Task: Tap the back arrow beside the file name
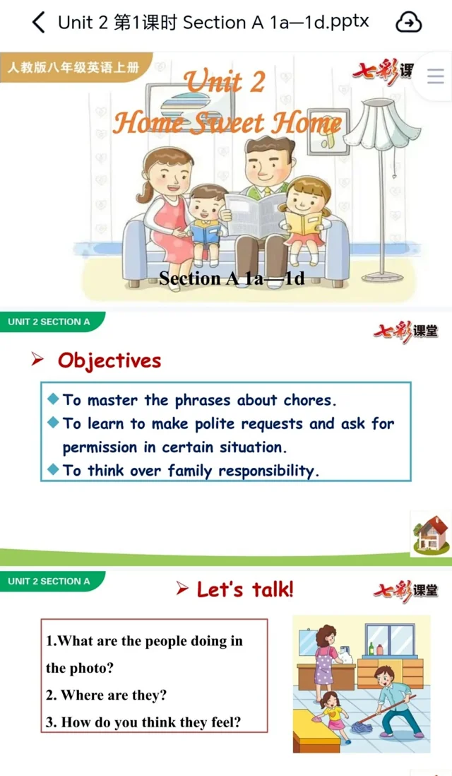(x=39, y=23)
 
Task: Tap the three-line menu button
(x=435, y=76)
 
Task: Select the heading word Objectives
(x=109, y=360)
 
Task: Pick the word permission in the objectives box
(x=100, y=448)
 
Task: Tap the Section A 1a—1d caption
(x=232, y=278)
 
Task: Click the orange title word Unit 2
(x=225, y=82)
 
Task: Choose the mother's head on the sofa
(x=167, y=171)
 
